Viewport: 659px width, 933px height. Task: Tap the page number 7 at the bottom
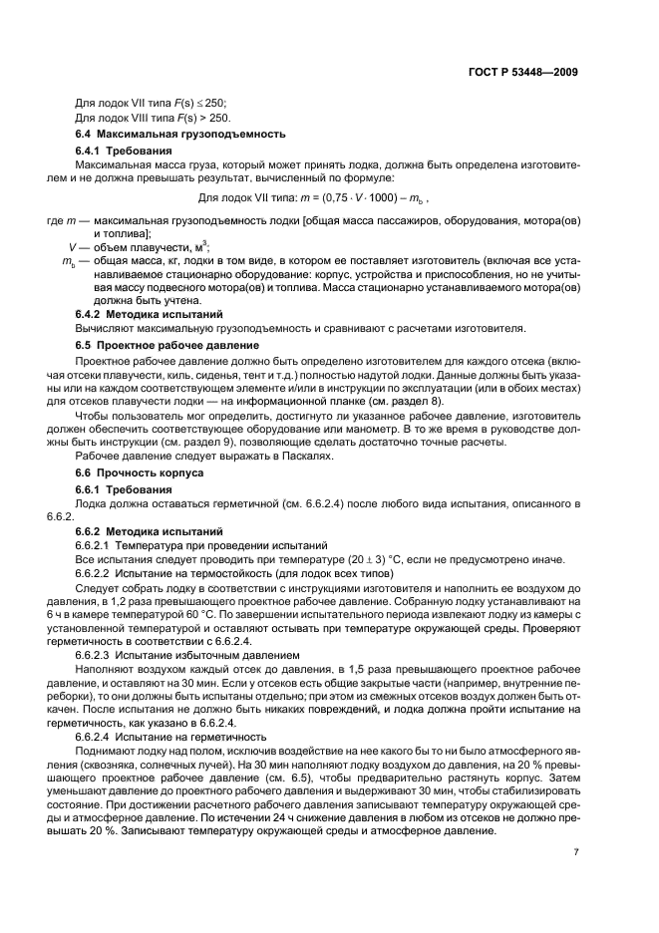[x=575, y=851]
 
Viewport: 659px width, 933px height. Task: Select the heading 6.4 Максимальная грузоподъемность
[x=181, y=134]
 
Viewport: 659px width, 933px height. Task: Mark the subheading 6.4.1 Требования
[x=131, y=151]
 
